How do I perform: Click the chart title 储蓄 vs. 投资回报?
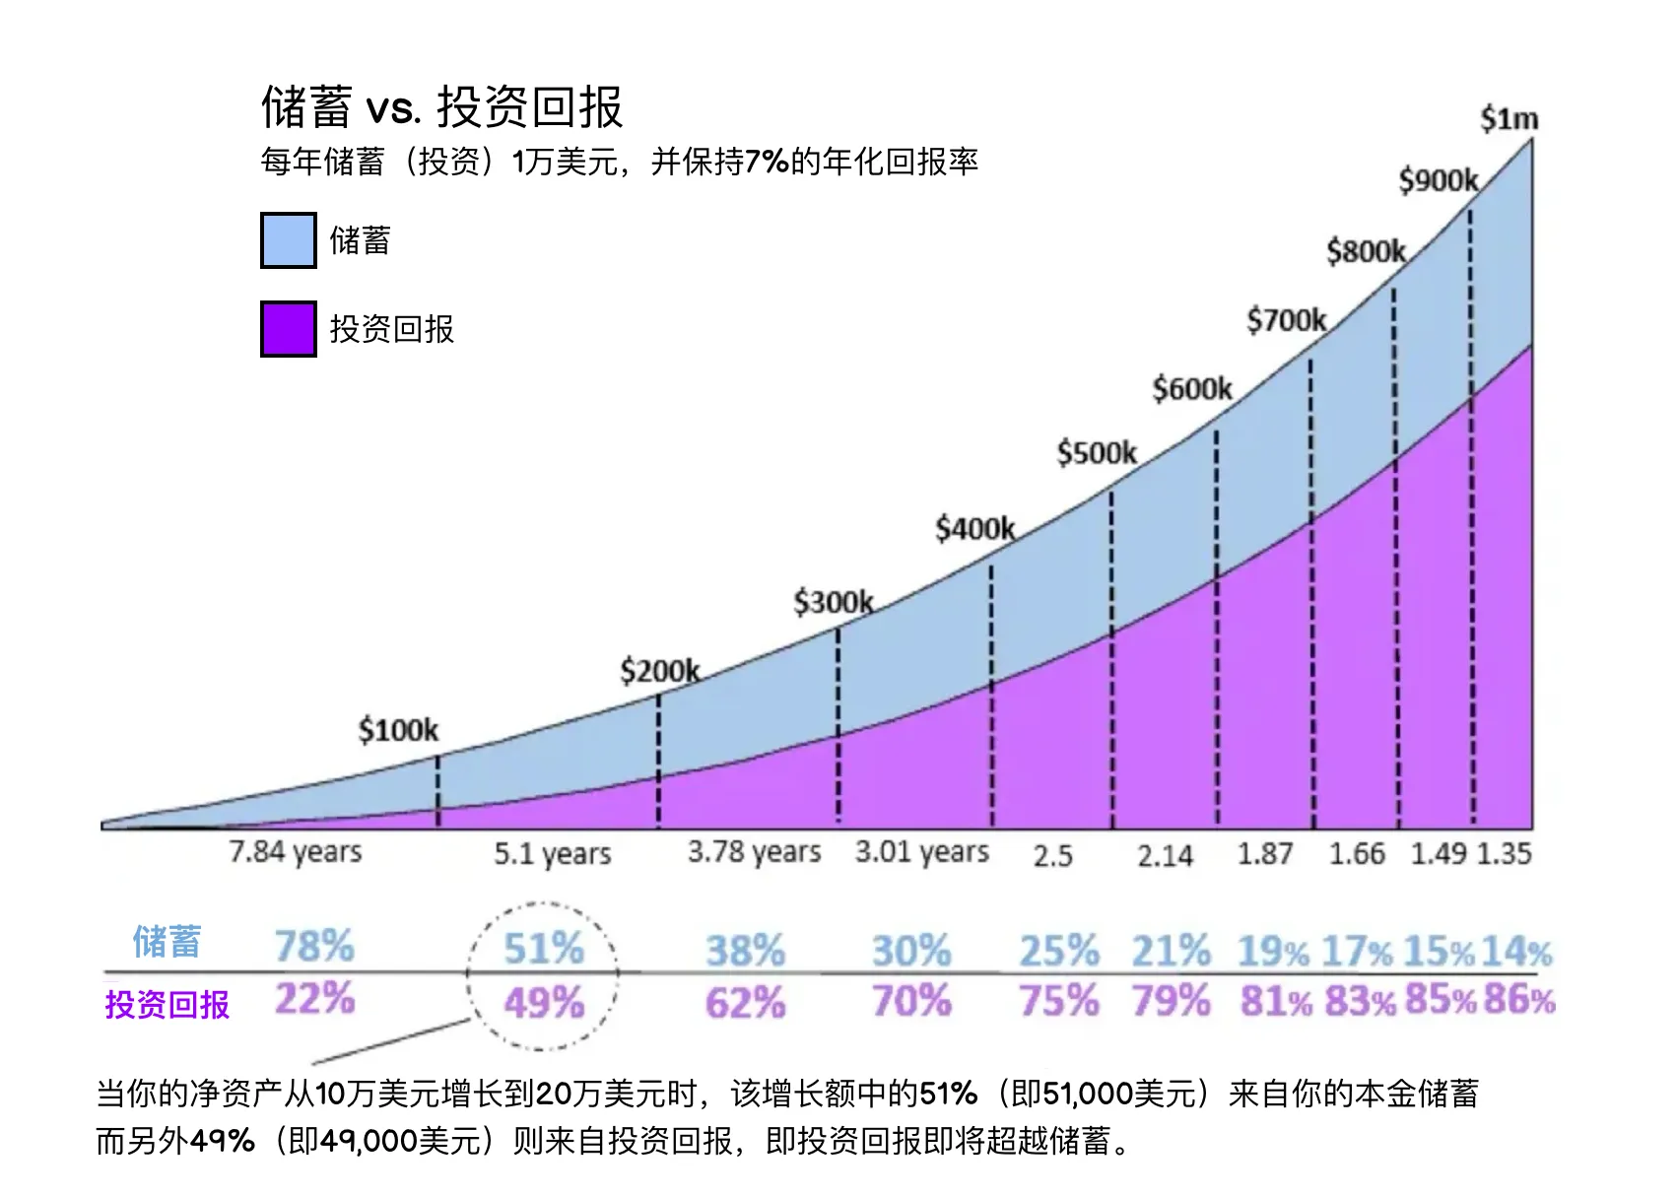(x=441, y=106)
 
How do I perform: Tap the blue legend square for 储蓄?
(x=288, y=240)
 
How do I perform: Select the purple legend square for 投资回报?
(x=288, y=329)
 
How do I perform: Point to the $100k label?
(x=398, y=730)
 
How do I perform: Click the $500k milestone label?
(x=1097, y=453)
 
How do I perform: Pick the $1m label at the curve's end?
(x=1509, y=119)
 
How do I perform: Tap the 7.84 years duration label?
(x=296, y=851)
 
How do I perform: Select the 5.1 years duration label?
(x=552, y=853)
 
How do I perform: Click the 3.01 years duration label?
(x=921, y=851)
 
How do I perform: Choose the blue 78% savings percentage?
(x=314, y=946)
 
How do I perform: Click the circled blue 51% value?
(x=544, y=949)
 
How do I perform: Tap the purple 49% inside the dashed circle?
(x=544, y=1003)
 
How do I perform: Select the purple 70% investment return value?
(x=911, y=1001)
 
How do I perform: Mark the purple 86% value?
(x=1518, y=999)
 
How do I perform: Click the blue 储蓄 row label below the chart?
(x=167, y=942)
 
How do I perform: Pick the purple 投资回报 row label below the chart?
(x=167, y=1004)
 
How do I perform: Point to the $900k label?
(x=1439, y=180)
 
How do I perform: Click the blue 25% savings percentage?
(x=1059, y=951)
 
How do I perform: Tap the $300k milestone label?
(x=834, y=602)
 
